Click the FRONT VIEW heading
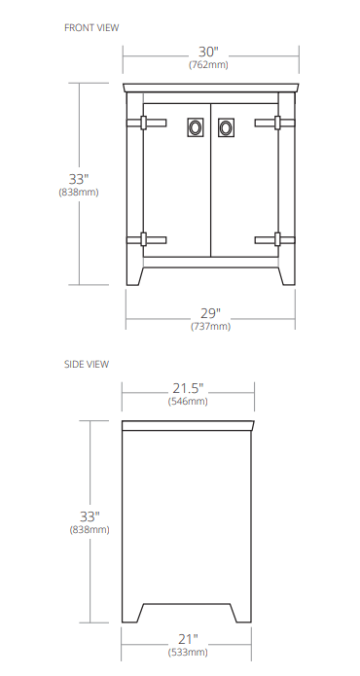click(x=91, y=27)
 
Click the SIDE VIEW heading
click(x=87, y=364)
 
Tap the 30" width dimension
click(x=209, y=52)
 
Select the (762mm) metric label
click(x=209, y=65)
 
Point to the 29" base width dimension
click(x=210, y=313)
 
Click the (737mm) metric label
click(x=210, y=327)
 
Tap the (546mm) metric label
click(x=188, y=401)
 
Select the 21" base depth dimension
click(x=188, y=639)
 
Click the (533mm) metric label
click(x=188, y=653)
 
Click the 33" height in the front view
click(x=78, y=179)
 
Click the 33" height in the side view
click(x=90, y=516)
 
